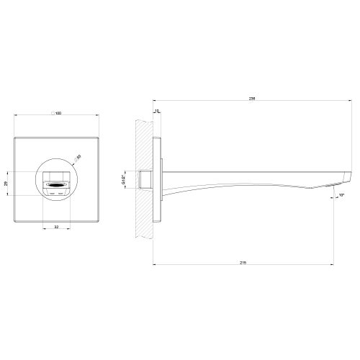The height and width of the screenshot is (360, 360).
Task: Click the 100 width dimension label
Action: [58, 114]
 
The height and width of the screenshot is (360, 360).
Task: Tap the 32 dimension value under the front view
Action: [57, 227]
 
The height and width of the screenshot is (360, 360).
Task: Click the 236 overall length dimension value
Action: [251, 98]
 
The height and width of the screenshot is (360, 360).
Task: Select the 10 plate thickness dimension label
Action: [158, 112]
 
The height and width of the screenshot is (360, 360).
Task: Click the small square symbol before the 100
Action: [53, 114]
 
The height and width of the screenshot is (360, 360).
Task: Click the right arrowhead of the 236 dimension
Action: [351, 101]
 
